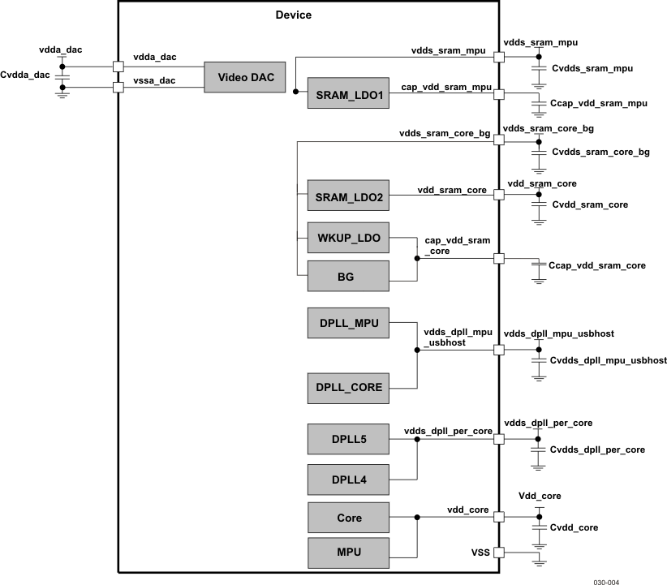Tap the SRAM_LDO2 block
[348, 197]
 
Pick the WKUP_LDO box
[348, 238]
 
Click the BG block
[348, 277]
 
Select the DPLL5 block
[348, 440]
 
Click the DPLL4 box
[348, 480]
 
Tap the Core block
[348, 518]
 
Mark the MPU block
[348, 553]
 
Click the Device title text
[293, 15]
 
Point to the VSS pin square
[499, 553]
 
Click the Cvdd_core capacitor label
[574, 527]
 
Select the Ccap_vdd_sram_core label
[597, 265]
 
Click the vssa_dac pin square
[118, 87]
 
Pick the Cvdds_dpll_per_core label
[597, 450]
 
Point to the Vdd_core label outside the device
[539, 495]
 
